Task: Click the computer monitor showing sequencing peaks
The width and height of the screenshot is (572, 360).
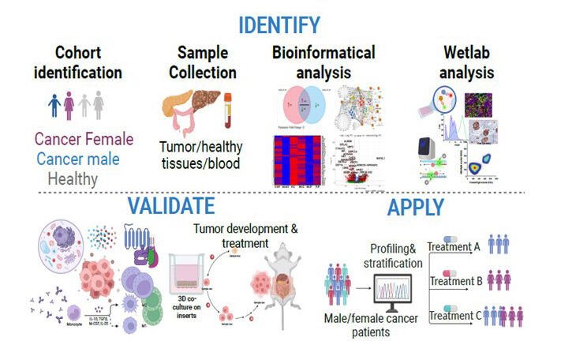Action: [398, 295]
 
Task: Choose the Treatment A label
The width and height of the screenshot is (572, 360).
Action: [454, 246]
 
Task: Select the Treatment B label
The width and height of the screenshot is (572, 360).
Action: [454, 280]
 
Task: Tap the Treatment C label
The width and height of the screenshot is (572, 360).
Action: [454, 316]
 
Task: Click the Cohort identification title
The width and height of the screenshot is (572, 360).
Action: [88, 63]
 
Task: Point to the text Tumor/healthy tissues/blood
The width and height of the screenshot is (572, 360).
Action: [201, 155]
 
